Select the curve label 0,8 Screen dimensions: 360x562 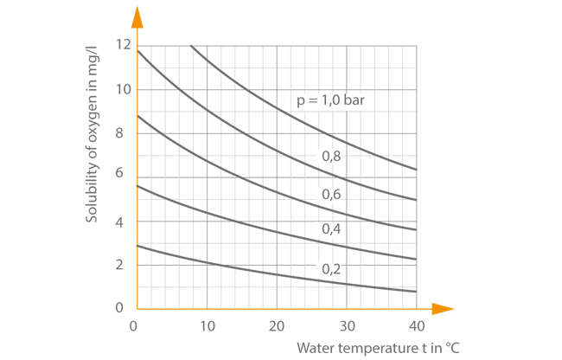click(332, 157)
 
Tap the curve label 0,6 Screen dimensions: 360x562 click(332, 194)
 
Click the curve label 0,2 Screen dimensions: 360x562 click(332, 268)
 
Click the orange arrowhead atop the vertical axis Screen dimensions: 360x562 click(137, 15)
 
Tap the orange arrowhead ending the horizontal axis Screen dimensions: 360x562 click(443, 308)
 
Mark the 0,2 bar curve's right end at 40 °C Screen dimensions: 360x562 click(417, 292)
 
